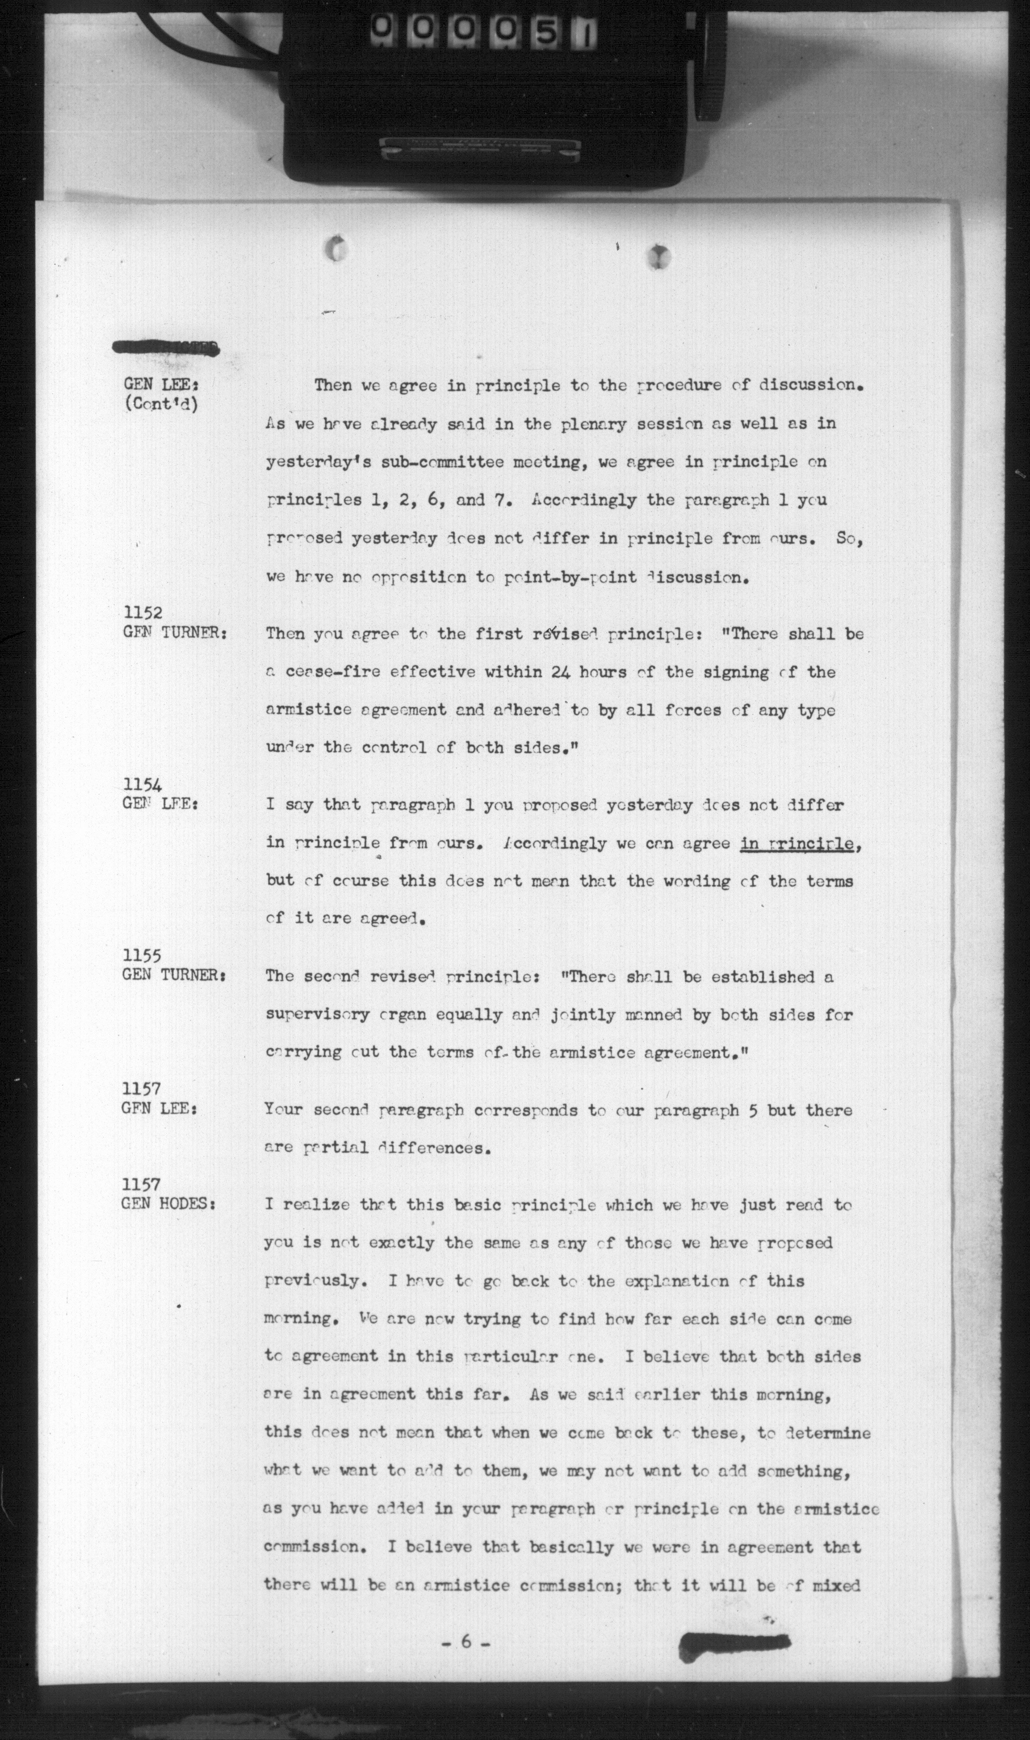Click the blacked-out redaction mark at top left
167,349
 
